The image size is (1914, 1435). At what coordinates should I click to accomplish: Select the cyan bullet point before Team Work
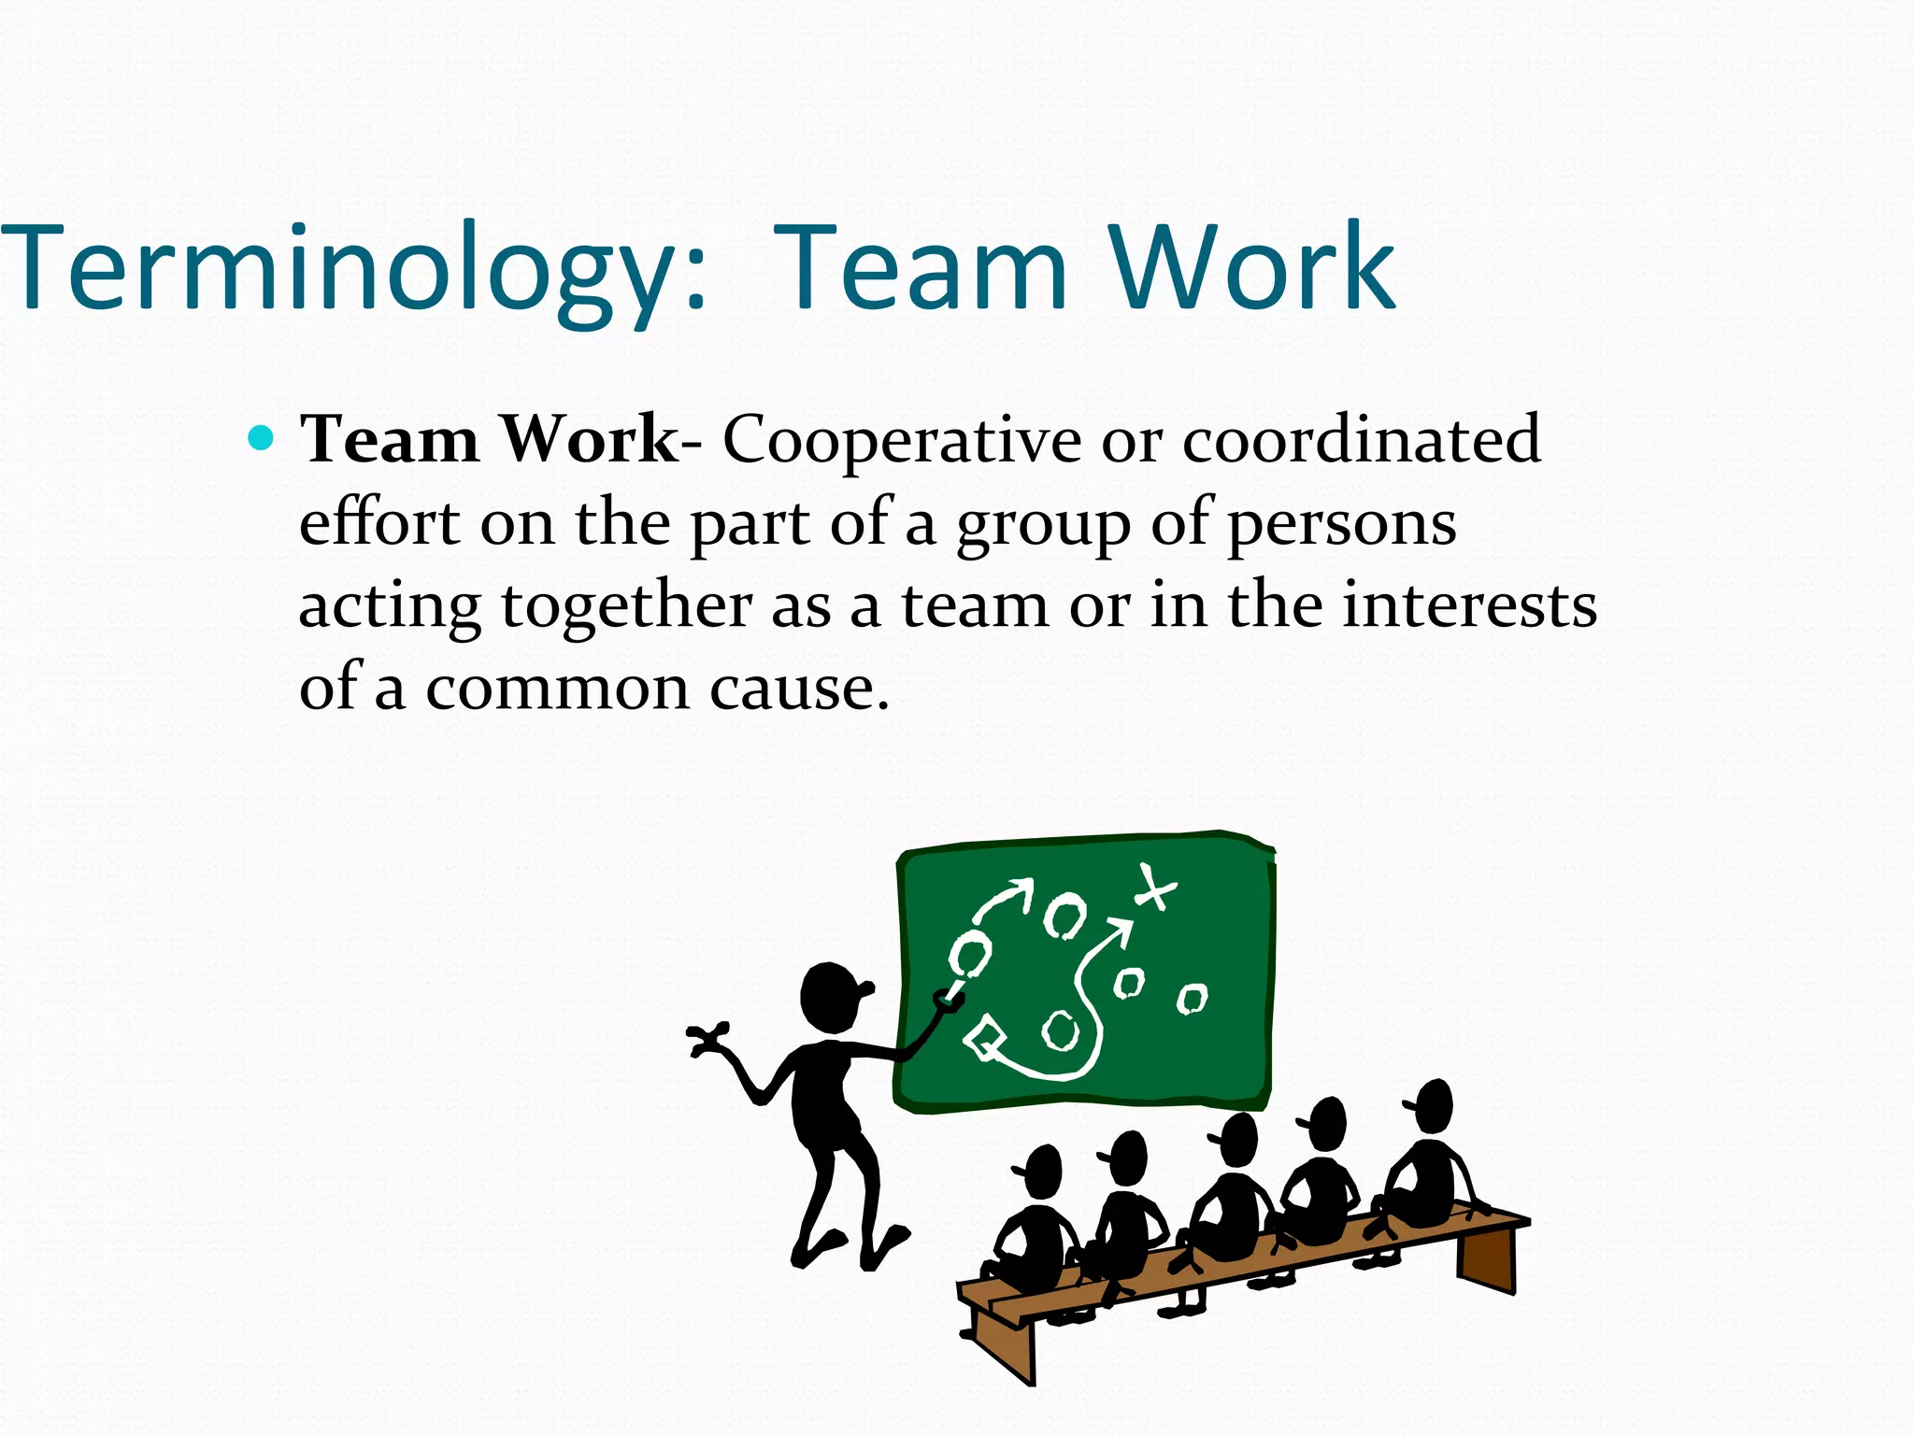tap(262, 437)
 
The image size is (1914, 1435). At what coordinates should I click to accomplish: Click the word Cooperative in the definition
tap(901, 439)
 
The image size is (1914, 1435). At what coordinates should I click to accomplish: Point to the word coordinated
tap(1361, 439)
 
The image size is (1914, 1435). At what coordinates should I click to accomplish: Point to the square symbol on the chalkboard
tap(985, 1037)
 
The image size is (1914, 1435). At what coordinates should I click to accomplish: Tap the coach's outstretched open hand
tap(707, 1039)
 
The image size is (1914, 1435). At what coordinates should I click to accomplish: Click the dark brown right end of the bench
tap(1486, 1257)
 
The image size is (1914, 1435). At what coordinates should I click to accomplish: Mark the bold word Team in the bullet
tap(389, 439)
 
